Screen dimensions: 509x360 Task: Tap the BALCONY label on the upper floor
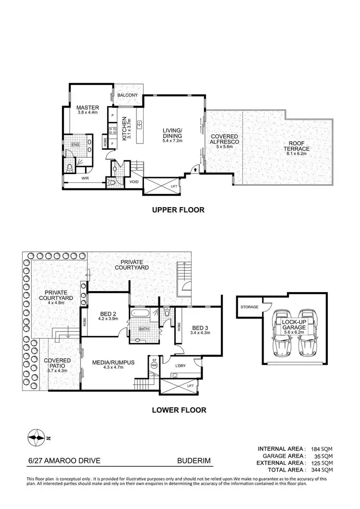[x=127, y=95]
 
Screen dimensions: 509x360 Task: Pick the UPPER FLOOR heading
[x=178, y=210]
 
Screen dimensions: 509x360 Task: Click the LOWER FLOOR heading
[x=179, y=410]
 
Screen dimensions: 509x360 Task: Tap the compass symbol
[x=37, y=437]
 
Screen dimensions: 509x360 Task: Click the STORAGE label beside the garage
[x=250, y=307]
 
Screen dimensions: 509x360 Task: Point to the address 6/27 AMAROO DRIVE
[x=64, y=461]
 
